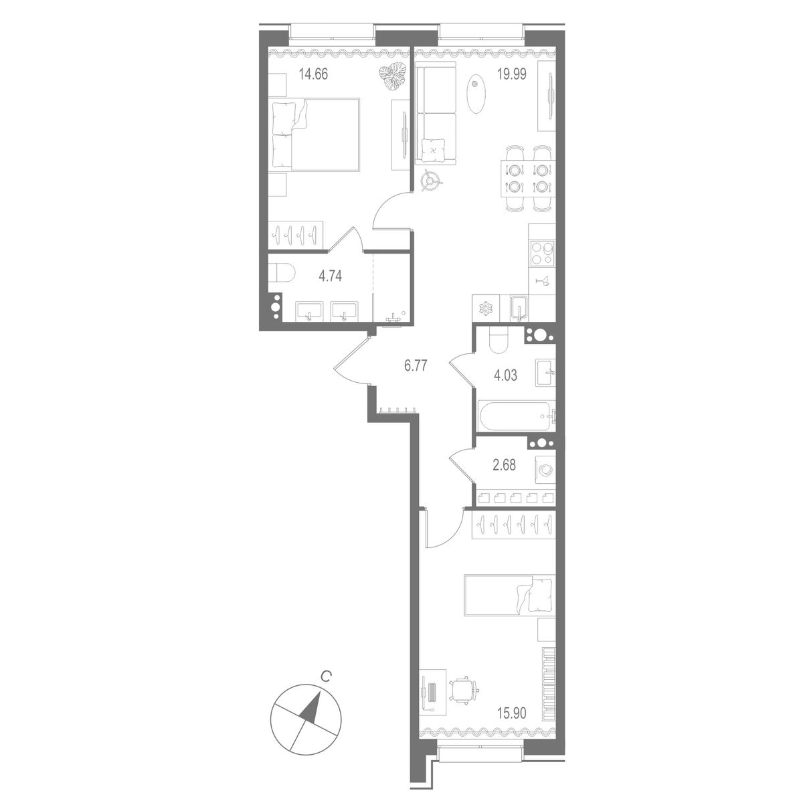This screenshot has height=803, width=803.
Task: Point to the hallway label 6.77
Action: (x=415, y=365)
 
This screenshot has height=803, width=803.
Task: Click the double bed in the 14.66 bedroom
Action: (x=316, y=133)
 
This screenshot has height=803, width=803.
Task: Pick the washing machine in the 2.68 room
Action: (x=545, y=469)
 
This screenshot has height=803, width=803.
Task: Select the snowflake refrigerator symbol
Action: (x=484, y=308)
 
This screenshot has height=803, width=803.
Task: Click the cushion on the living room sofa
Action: (x=434, y=148)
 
